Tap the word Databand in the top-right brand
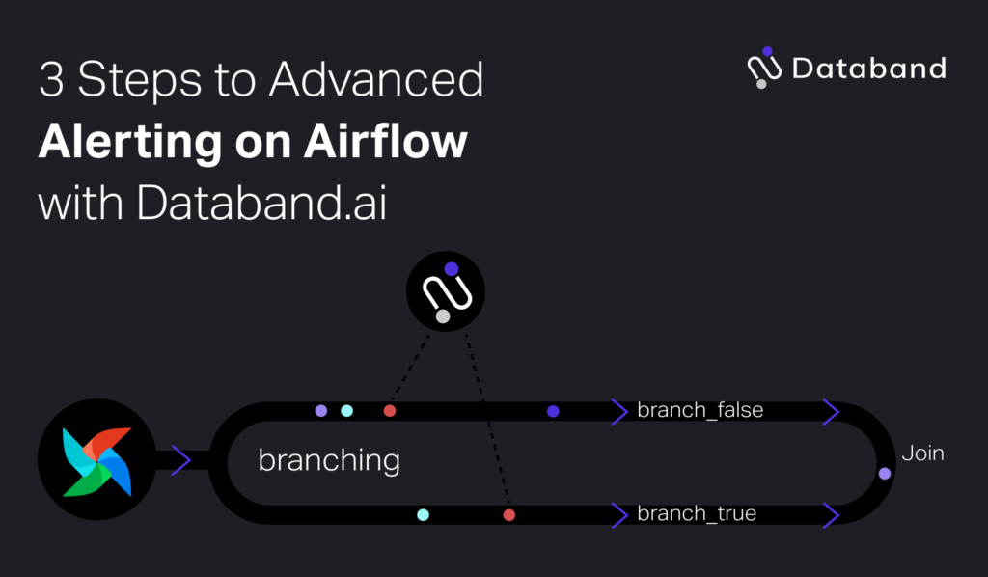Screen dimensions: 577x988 coord(868,69)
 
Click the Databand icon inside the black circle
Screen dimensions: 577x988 coord(445,291)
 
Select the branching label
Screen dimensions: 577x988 coord(328,460)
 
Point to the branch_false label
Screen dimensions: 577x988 coord(700,410)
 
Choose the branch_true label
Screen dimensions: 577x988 coord(697,514)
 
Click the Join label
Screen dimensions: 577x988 coord(922,453)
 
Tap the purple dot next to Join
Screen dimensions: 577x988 coord(885,473)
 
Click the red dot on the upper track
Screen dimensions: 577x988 coord(390,411)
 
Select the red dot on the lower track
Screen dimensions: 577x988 coord(508,515)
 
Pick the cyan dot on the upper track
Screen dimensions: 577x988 coord(346,411)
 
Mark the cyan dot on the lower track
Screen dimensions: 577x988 coord(423,515)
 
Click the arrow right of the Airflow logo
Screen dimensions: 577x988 coord(181,460)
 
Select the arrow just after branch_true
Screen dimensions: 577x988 coord(830,515)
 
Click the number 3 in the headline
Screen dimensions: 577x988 coord(51,80)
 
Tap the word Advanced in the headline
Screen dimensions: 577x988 coord(376,80)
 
